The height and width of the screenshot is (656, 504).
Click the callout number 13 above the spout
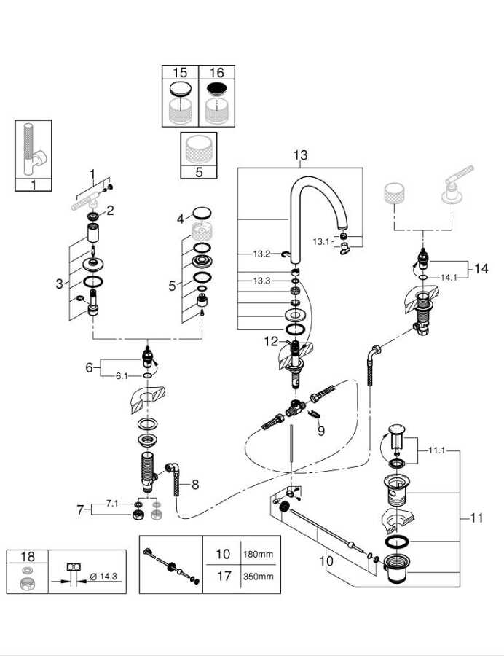300,155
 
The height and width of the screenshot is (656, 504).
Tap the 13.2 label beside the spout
261,254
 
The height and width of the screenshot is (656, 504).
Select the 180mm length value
259,555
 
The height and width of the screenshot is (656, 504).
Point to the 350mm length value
259,576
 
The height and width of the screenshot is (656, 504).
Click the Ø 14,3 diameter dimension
103,577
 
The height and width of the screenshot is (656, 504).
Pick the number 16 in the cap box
216,72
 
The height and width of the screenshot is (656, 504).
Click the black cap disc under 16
216,90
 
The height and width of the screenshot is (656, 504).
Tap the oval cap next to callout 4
202,213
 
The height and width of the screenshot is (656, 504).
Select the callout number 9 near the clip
320,431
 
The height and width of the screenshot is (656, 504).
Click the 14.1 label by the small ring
449,278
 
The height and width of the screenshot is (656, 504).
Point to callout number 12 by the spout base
271,341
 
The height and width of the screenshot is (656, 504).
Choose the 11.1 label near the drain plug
437,450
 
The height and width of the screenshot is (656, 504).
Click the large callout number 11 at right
476,518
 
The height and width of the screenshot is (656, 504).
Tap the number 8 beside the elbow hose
195,485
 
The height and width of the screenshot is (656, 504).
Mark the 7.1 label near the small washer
112,503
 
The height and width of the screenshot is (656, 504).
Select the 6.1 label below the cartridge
122,376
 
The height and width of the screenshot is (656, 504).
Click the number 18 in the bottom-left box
28,556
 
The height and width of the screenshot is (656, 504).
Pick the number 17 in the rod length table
224,576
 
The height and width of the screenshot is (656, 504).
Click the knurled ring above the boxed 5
199,149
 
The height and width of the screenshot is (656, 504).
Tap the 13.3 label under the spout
261,281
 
